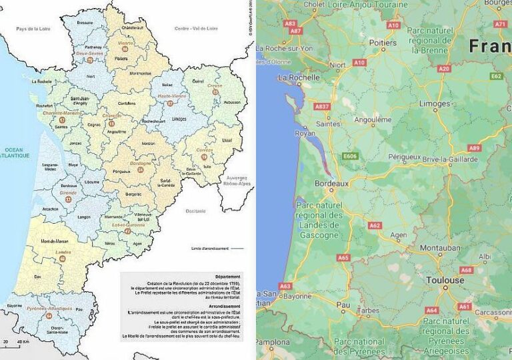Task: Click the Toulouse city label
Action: pyautogui.click(x=445, y=281)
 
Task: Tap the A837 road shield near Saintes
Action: pyautogui.click(x=323, y=107)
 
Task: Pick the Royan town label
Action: pyautogui.click(x=305, y=133)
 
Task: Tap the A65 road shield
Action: pyautogui.click(x=343, y=258)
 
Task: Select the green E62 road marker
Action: pyautogui.click(x=496, y=77)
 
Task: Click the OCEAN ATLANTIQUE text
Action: pyautogui.click(x=15, y=153)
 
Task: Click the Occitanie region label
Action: pyautogui.click(x=196, y=211)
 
